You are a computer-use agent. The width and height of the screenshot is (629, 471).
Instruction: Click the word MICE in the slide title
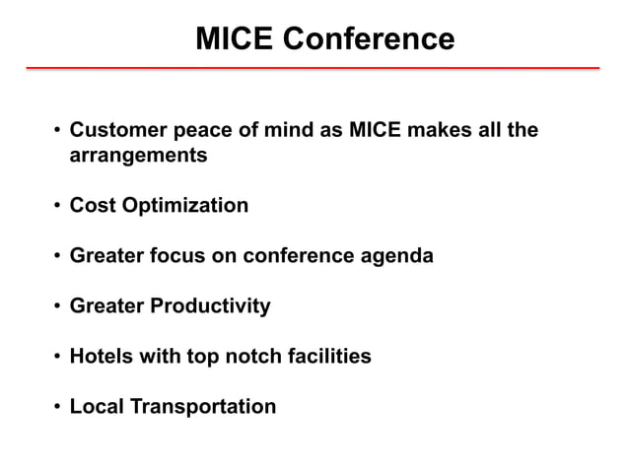click(x=234, y=39)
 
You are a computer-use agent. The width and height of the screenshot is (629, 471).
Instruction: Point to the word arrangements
click(x=138, y=156)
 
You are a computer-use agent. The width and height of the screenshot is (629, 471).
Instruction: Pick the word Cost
click(x=93, y=206)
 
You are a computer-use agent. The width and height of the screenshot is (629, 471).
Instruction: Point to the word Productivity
click(x=210, y=306)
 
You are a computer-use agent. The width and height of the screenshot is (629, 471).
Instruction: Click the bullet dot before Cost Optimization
click(x=57, y=207)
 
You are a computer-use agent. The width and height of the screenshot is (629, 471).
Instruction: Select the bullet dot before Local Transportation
click(x=57, y=407)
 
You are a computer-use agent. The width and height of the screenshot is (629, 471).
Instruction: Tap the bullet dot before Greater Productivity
click(x=57, y=307)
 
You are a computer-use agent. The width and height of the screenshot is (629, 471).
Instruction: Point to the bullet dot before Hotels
click(x=57, y=357)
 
